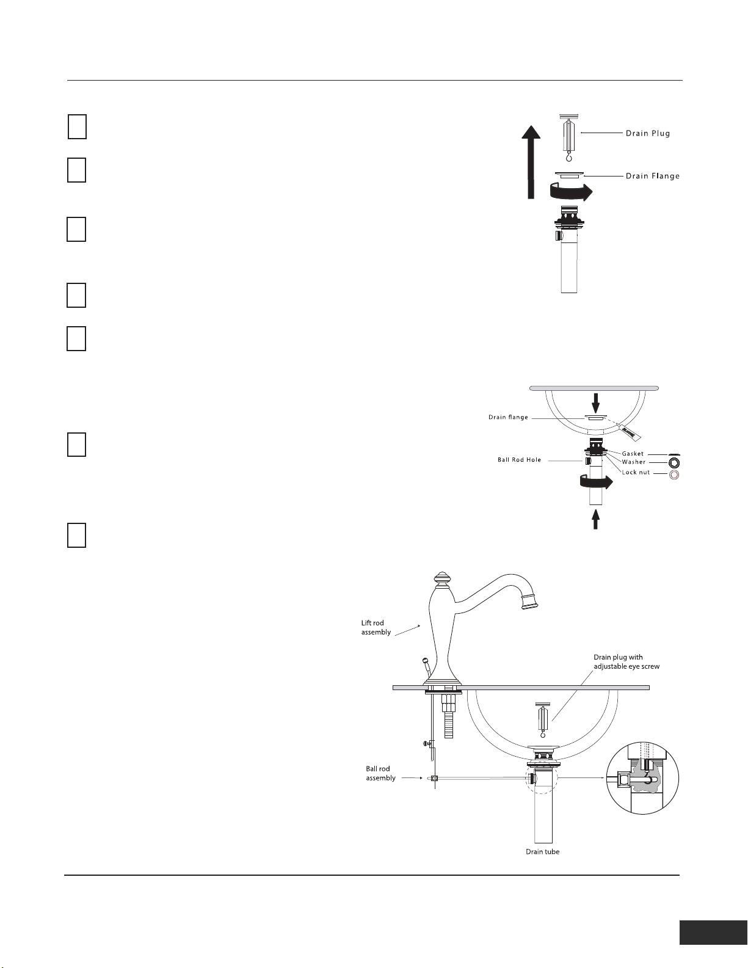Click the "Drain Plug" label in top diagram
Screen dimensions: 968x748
(x=647, y=133)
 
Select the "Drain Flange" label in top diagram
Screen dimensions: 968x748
(x=652, y=176)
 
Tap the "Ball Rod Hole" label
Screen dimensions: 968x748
(x=519, y=460)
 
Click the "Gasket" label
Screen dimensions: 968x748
(x=633, y=454)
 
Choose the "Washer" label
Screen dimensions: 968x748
(x=633, y=462)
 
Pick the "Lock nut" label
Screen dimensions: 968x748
(x=636, y=472)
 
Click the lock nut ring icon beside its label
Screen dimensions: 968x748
(x=674, y=474)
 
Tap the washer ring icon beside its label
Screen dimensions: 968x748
(x=674, y=462)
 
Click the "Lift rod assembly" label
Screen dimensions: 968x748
(x=376, y=627)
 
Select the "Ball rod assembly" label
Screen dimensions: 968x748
(x=380, y=773)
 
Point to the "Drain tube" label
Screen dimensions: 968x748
(x=542, y=851)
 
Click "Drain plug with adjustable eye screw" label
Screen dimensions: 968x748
(x=626, y=661)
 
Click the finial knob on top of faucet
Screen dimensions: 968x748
(x=441, y=578)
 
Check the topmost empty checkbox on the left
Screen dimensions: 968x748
(x=76, y=126)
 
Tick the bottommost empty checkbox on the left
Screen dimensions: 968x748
(x=76, y=535)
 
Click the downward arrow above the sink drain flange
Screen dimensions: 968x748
(x=597, y=401)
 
